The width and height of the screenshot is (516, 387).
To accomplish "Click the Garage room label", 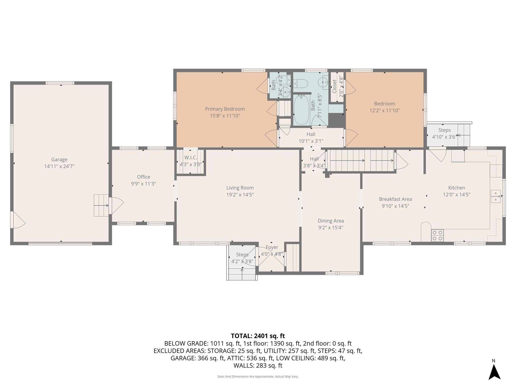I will tap(59, 159).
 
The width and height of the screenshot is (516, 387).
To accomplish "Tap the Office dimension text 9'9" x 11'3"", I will tap(143, 184).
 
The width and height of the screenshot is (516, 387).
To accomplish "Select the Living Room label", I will tap(240, 188).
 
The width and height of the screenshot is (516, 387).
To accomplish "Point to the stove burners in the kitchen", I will tap(437, 235).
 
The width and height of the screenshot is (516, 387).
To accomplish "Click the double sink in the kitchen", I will tap(496, 197).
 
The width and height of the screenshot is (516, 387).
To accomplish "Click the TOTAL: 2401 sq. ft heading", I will tap(258, 336).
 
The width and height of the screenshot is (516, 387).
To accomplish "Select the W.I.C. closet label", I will tap(190, 158).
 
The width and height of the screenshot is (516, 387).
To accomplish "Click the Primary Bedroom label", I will tap(225, 109).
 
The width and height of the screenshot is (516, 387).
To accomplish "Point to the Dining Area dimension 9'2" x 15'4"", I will tap(331, 228).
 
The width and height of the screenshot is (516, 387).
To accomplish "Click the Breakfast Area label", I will tap(395, 199).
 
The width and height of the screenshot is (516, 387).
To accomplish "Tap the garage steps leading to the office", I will tap(101, 205).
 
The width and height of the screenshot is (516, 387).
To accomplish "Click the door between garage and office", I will tap(116, 206).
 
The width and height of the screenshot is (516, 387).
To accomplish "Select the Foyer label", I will tap(272, 247).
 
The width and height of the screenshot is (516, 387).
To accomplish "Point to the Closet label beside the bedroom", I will tap(334, 86).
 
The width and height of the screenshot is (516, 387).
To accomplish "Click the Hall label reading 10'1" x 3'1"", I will tap(311, 134).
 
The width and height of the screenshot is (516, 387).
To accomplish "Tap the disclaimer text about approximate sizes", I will tap(258, 377).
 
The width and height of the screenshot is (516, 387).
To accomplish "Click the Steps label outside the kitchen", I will tap(444, 130).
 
